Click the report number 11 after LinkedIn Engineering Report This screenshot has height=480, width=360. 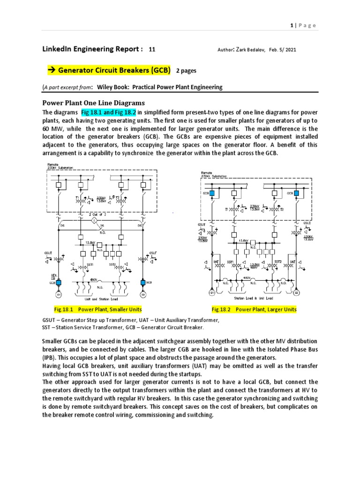pos(151,49)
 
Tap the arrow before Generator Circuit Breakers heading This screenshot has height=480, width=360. pos(52,70)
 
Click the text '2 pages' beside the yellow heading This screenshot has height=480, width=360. pos(187,70)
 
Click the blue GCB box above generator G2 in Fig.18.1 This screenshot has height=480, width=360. pos(143,284)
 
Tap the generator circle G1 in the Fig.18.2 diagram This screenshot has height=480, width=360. pos(212,293)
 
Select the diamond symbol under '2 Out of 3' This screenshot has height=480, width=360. pos(93,220)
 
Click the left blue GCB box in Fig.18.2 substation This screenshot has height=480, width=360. pos(212,193)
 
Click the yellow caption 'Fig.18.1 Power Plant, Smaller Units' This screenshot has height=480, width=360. pos(97,310)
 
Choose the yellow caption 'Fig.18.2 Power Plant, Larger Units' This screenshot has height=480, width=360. pos(254,310)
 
